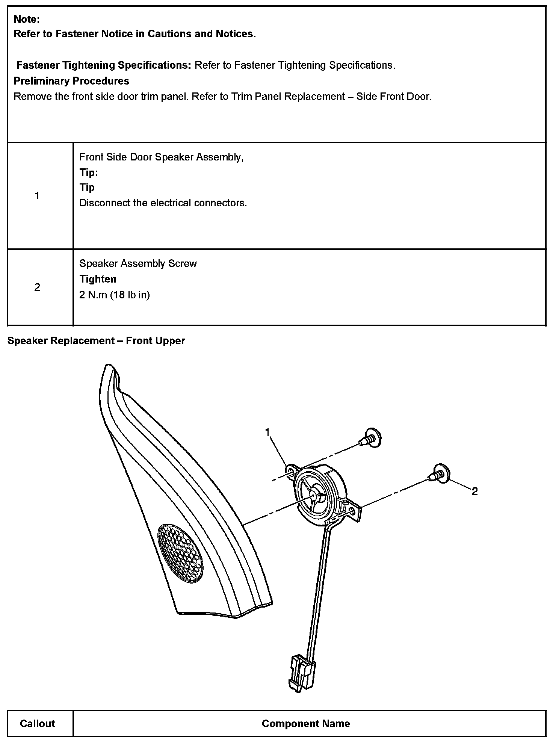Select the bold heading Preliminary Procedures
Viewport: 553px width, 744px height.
tap(71, 81)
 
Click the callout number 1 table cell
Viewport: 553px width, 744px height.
tap(37, 195)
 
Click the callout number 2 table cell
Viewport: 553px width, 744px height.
tap(37, 287)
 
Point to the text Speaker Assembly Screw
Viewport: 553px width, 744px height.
tap(138, 263)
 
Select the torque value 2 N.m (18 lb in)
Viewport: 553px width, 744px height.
tap(115, 295)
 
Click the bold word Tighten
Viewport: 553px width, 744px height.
tap(98, 279)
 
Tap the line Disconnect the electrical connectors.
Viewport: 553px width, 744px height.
tap(163, 203)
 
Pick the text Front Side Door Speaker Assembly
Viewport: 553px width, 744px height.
tap(161, 157)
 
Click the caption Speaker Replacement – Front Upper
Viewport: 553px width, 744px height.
tap(96, 340)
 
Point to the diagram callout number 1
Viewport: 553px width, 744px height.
tap(267, 432)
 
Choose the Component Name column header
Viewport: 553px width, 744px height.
tap(306, 723)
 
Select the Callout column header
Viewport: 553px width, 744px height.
tap(37, 723)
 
